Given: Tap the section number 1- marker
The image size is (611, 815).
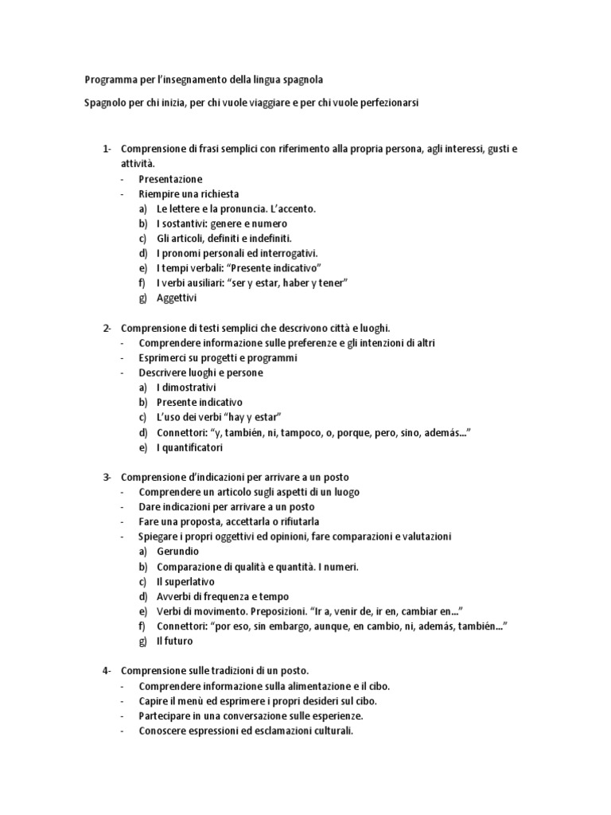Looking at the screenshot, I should pos(108,149).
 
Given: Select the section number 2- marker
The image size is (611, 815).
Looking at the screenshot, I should pos(108,328).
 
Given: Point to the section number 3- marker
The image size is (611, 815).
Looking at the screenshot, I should pos(108,477).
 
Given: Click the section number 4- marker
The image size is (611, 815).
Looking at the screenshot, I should pos(108,671).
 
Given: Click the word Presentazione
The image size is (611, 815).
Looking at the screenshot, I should pos(170,179).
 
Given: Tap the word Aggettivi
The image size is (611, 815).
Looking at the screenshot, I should pos(176,298).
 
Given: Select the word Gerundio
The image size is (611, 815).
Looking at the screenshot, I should pos(177,552).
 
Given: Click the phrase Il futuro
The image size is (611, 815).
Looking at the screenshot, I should pos(174,641).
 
